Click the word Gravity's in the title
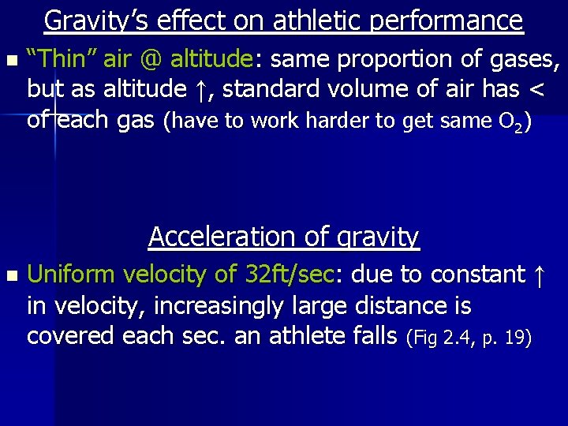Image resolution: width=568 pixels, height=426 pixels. pyautogui.click(x=96, y=21)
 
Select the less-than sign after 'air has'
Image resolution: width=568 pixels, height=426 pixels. pyautogui.click(x=536, y=90)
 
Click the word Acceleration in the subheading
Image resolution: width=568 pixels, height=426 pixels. pyautogui.click(x=206, y=236)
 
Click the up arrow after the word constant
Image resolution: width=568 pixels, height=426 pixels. pyautogui.click(x=539, y=275)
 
